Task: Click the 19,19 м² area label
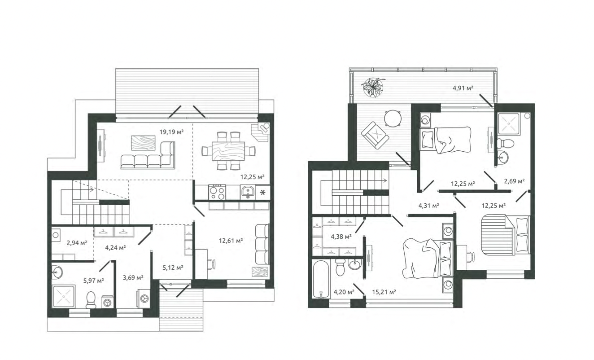point(171,132)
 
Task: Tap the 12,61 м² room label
point(231,241)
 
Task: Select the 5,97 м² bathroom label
point(94,281)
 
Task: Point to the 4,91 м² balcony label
point(463,88)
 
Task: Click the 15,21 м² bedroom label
point(384,292)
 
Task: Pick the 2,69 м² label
point(514,181)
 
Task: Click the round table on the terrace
point(393,119)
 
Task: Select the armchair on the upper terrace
point(375,135)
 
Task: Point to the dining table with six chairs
point(228,151)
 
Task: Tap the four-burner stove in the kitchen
point(217,192)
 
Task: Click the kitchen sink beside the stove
point(248,192)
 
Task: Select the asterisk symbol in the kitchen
point(262,192)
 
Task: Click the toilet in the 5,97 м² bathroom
point(91,300)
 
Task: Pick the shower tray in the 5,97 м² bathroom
point(63,296)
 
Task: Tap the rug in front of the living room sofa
point(143,143)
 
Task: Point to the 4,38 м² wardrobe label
point(341,237)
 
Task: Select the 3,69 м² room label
point(133,278)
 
